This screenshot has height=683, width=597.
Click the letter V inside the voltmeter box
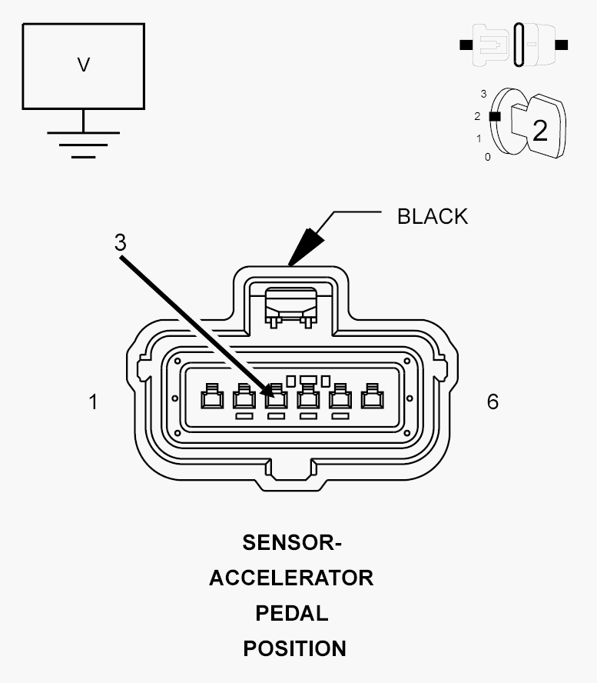coord(84,65)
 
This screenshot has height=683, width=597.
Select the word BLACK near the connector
coord(433,216)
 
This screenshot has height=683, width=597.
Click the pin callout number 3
coord(120,242)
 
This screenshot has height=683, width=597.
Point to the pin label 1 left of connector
coord(93,401)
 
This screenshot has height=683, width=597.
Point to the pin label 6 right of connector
coord(493,401)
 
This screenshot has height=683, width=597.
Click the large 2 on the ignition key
coord(540,130)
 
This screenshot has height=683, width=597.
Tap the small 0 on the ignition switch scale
coord(487,157)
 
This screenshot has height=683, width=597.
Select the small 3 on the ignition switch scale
coord(483,94)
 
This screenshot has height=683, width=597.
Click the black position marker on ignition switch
coord(495,116)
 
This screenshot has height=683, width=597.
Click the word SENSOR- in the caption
coord(292,543)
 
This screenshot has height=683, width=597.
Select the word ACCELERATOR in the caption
coord(291,578)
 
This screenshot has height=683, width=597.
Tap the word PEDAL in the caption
coord(291,613)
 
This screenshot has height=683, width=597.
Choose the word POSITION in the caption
coord(294,648)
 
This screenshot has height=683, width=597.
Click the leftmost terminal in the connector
coord(212,396)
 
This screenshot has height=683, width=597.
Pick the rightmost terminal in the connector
coord(373,396)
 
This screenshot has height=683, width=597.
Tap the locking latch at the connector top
coord(290,307)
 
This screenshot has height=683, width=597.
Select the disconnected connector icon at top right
coord(513,45)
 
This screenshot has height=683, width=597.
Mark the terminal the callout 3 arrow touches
coord(277,396)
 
